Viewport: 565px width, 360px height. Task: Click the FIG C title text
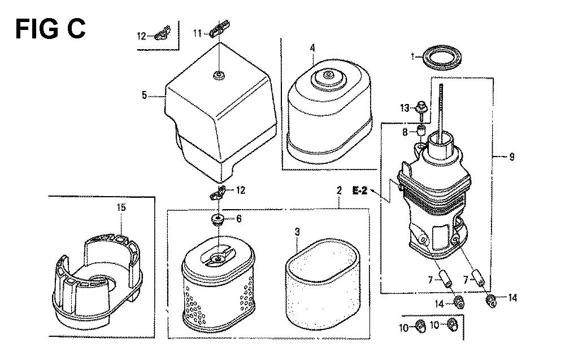(x=50, y=29)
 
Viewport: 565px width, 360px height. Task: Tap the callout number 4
(x=312, y=48)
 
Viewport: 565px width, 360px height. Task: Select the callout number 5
(x=144, y=96)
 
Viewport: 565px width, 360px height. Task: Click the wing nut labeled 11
(x=219, y=29)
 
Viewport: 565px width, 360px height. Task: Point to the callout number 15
(x=121, y=207)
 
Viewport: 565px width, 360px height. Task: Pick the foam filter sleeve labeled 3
(x=323, y=284)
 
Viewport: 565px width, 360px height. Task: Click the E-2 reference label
(x=360, y=190)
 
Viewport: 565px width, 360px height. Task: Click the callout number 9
(x=512, y=157)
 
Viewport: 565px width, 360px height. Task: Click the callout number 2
(x=338, y=190)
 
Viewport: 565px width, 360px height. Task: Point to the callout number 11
(x=197, y=33)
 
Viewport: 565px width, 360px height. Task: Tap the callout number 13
(x=405, y=108)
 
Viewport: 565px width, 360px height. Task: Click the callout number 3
(x=297, y=232)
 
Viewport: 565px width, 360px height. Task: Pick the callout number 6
(x=238, y=219)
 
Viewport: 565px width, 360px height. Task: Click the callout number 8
(x=405, y=132)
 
